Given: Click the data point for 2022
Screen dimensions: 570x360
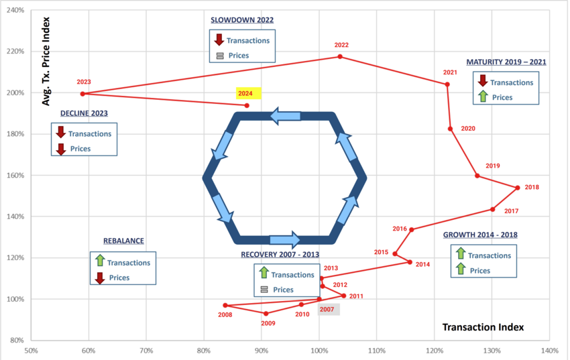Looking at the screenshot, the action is coord(340,57).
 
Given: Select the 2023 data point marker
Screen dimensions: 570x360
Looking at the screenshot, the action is coord(82,94).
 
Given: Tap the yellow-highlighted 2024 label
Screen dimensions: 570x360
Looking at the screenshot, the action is coord(245,93).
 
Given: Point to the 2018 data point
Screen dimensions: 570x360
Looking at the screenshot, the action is coord(518,188).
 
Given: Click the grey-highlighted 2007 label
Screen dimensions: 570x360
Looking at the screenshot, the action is coord(327,310).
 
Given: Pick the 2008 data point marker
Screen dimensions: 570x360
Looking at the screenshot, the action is coord(225,306).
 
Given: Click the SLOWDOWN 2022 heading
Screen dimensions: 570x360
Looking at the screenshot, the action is coord(242,20).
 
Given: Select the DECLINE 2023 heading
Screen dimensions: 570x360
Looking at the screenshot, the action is coord(84,113).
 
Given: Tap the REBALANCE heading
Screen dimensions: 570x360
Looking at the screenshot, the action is coord(123,241).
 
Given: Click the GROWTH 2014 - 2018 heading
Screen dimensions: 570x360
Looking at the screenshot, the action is coord(480,235).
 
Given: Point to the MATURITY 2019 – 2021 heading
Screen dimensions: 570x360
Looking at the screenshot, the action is coord(506,62).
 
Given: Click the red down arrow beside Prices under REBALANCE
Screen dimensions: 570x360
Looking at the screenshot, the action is coord(100,278).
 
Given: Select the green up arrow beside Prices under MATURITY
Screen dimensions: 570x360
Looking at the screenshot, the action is coord(483,97).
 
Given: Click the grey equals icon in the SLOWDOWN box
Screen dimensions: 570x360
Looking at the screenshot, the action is coord(220,56).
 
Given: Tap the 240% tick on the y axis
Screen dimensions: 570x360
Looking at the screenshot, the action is coord(15,10).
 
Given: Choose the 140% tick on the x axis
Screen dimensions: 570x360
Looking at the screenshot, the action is coord(549,351).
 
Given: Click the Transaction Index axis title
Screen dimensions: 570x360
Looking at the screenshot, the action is coord(483,327).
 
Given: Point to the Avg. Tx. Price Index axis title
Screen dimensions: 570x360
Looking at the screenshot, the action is coord(46,62).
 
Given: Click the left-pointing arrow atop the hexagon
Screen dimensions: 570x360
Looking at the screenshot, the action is coord(286,116).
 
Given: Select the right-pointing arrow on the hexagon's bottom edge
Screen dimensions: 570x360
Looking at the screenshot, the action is coord(285,240).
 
